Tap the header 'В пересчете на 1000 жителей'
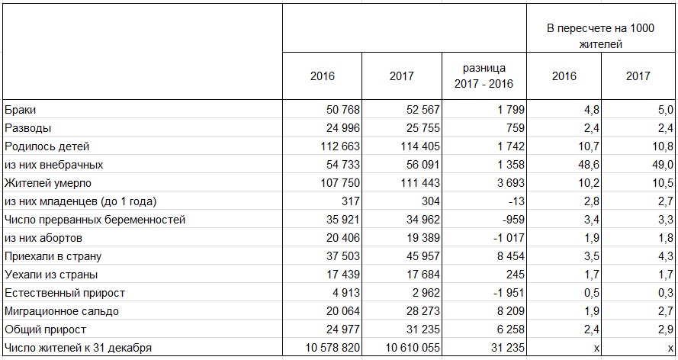tap(601, 36)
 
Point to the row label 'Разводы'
tap(27, 128)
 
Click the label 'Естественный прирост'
tap(65, 293)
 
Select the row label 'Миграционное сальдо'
tap(62, 311)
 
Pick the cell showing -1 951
tap(493, 293)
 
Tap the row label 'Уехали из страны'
tap(51, 275)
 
